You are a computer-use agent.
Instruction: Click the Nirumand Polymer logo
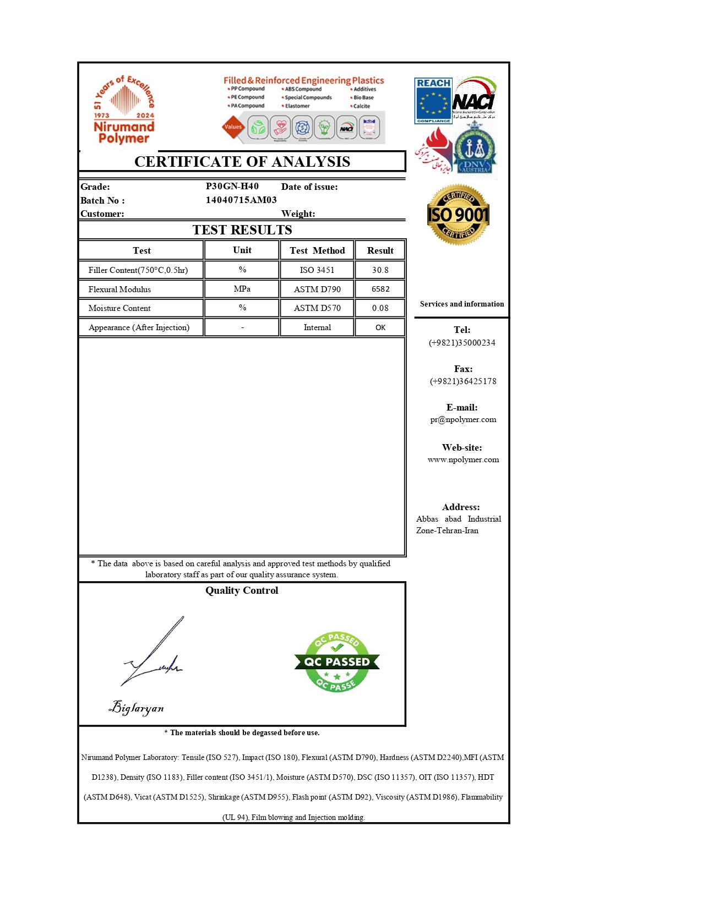(124, 110)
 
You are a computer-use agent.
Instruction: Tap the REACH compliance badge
(433, 101)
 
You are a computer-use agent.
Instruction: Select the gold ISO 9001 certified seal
(458, 215)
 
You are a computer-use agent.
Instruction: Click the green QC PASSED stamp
(337, 661)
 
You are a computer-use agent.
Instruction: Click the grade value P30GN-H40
(232, 186)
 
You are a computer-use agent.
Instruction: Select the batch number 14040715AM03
(241, 200)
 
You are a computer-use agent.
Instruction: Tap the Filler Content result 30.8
(380, 270)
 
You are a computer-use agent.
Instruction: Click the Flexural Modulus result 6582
(380, 289)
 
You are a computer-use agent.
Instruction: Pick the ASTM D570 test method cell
(317, 308)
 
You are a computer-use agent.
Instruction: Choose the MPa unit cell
(242, 289)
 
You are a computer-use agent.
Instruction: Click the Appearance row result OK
(380, 327)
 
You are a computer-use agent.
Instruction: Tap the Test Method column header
(317, 250)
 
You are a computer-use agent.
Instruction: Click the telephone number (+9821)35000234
(462, 342)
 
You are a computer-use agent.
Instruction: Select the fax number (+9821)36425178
(463, 381)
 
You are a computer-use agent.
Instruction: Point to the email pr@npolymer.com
(463, 419)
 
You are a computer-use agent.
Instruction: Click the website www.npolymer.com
(463, 460)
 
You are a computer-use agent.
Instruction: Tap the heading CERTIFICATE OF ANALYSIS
(242, 161)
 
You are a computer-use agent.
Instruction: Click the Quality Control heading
(242, 590)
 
